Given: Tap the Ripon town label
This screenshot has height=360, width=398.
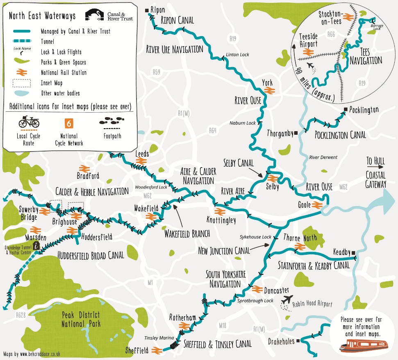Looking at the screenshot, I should tap(158, 9).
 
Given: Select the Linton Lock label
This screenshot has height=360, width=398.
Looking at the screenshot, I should tap(237, 54).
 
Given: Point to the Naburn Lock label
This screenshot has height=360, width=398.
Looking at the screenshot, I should tap(243, 123).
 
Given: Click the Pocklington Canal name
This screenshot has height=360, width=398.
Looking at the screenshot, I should tap(340, 135).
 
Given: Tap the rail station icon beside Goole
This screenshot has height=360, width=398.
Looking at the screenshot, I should tap(316, 205).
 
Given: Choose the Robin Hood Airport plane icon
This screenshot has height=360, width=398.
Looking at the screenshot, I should tap(288, 300).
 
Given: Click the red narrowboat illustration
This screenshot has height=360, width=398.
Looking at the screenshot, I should tap(363, 346).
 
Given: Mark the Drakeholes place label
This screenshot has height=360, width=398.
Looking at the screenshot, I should tap(281, 341).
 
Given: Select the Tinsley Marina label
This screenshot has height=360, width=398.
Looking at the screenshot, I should tap(157, 338).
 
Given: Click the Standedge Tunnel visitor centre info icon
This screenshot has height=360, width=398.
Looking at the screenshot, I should tap(37, 245).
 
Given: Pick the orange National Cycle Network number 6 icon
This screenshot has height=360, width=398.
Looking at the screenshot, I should tap(69, 123).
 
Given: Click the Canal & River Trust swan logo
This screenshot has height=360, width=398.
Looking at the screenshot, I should tap(94, 15).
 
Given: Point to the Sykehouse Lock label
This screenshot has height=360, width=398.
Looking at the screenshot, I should tap(256, 237).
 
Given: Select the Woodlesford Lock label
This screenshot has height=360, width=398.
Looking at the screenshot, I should tap(152, 187).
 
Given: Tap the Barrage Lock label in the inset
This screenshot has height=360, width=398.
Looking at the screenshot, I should tap(377, 27).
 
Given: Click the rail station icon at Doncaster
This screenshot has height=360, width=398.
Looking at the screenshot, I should tap(257, 289).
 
